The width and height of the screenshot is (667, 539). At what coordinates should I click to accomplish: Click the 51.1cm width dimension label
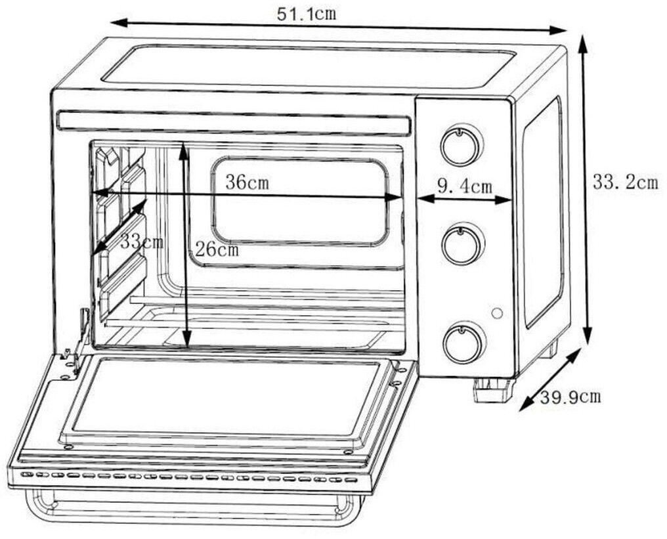click(x=307, y=14)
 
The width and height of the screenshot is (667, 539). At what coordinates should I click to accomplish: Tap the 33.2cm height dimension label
click(x=625, y=183)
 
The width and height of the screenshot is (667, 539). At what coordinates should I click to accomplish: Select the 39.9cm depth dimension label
click(x=570, y=397)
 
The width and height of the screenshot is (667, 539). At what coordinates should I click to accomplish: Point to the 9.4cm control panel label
click(x=465, y=186)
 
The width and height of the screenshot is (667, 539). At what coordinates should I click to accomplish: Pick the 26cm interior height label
click(x=217, y=249)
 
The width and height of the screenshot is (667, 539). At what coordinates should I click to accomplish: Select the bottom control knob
click(x=464, y=343)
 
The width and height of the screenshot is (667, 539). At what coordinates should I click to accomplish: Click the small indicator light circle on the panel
click(x=496, y=313)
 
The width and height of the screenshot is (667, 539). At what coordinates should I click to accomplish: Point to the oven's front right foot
click(x=492, y=390)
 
